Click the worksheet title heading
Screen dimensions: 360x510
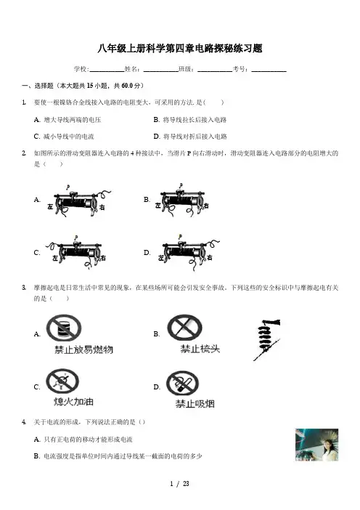pos(180,49)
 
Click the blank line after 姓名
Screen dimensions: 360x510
pos(161,70)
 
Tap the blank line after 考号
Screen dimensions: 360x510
pos(269,70)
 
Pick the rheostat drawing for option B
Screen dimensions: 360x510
pos(182,201)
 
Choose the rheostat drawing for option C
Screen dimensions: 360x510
pos(75,252)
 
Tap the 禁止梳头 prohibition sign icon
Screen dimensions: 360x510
pos(184,328)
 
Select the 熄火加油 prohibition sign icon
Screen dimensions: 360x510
pos(62,381)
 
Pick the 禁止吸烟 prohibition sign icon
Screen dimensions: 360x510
pos(182,383)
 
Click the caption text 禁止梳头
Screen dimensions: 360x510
pos(200,349)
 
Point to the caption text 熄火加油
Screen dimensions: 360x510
pos(74,401)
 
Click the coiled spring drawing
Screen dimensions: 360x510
pos(266,339)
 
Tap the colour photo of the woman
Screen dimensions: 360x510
pos(316,445)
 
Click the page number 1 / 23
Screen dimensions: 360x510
pos(179,484)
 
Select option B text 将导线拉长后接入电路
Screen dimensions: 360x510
pos(195,120)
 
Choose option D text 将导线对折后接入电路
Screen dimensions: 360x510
pos(195,137)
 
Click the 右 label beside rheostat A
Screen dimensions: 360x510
pos(102,207)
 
